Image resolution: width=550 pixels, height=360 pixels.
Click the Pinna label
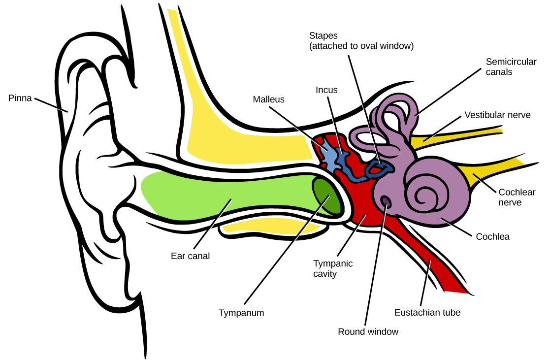[x=20, y=98]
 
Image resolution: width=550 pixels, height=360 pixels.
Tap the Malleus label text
[x=268, y=99]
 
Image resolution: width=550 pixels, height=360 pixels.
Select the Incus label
[x=326, y=90]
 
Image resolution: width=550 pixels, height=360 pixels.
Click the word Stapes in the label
[x=323, y=36]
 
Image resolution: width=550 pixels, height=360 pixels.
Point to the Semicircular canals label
[x=506, y=67]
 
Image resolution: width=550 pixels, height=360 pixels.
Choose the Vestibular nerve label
[x=497, y=115]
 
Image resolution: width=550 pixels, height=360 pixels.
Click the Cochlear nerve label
[x=517, y=197]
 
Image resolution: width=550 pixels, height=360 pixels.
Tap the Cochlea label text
[x=492, y=237]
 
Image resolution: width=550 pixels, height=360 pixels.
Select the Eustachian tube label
[x=427, y=313]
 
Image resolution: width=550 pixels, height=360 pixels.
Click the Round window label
[x=368, y=332]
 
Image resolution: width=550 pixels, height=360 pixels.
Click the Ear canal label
[x=190, y=256]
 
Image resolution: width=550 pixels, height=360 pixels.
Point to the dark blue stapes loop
[x=379, y=169]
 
